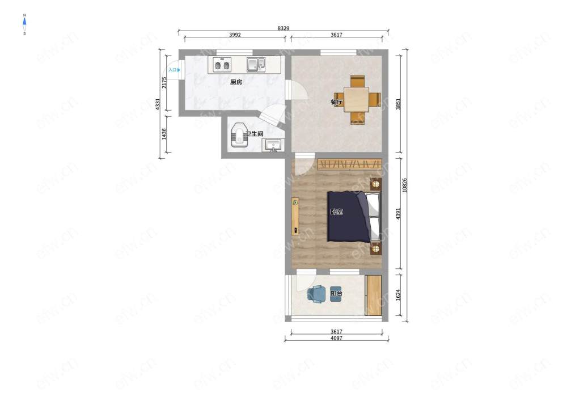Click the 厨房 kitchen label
pos(236,82)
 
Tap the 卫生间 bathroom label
pos(254,134)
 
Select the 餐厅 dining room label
pos(337,102)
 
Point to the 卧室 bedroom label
pos(337,212)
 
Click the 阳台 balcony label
pos(336,293)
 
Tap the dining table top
pos(357,99)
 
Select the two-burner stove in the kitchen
pos(222,65)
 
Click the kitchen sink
pos(256,64)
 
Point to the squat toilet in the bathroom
pos(239,135)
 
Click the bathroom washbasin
pos(274,146)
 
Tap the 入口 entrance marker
pos(174,70)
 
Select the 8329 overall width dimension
pos(283,28)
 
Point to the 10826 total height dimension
pos(405,185)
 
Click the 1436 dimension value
pos(164,134)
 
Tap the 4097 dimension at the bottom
pos(336,338)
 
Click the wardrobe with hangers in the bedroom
pos(350,164)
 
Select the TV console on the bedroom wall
pos(295,216)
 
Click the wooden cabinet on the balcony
pos(374,296)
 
